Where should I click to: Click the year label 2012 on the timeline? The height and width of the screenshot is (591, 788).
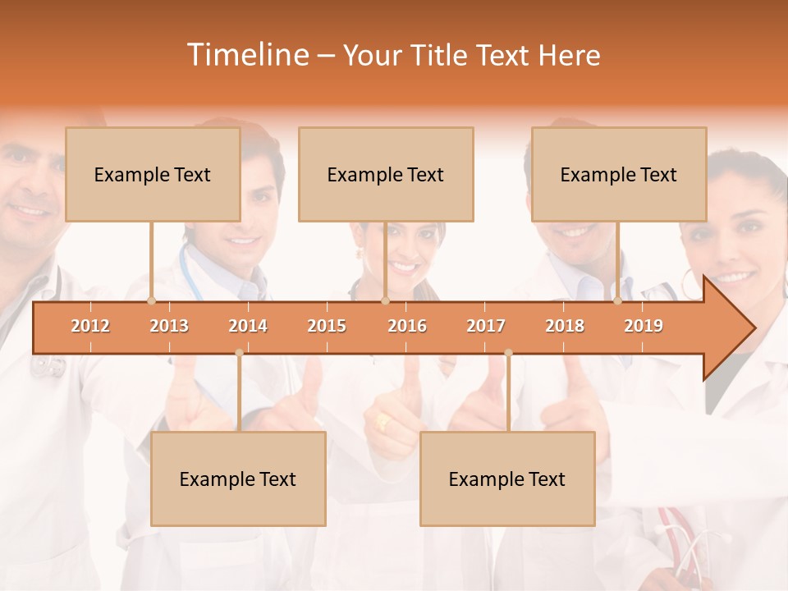pos(90,326)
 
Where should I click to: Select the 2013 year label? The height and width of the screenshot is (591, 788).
pos(169,326)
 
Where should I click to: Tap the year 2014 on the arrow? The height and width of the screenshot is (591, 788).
pos(248,326)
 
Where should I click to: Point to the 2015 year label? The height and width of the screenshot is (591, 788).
pos(327,326)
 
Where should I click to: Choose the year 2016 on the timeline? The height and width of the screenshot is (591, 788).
pos(407,326)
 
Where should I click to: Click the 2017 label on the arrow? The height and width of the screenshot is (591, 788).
pos(486,326)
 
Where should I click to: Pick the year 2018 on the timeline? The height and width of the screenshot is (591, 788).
pos(565,326)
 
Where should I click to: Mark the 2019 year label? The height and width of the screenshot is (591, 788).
pos(644,326)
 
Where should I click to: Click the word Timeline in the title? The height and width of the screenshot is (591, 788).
pos(247,55)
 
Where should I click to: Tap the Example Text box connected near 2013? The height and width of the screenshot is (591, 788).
pos(153,174)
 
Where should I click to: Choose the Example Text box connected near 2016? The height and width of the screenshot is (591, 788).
pos(386,174)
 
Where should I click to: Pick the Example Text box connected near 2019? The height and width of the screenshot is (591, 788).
pos(619,174)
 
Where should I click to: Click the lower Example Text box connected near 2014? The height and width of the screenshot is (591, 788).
pos(238,479)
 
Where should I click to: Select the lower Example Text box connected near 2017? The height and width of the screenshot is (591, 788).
pos(507,479)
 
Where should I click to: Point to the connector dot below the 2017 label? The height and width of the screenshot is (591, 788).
pos(508,353)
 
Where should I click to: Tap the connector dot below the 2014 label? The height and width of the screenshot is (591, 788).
pos(239,353)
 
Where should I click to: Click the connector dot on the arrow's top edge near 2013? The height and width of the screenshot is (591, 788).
pos(151,301)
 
